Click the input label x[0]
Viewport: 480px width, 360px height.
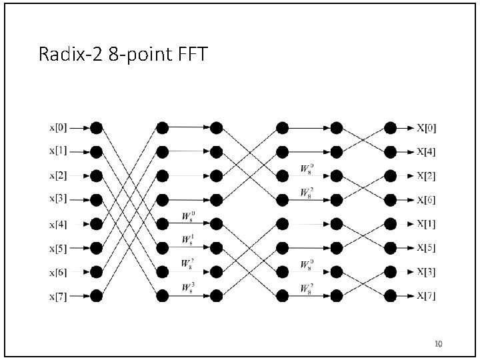[x=57, y=127]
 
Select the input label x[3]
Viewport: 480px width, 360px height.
[x=57, y=199]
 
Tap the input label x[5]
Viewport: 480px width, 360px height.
[x=57, y=248]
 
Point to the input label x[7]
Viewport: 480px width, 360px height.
[x=57, y=295]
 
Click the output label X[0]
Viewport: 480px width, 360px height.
[x=427, y=127]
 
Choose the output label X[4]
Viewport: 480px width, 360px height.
[x=427, y=152]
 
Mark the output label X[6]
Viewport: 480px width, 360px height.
[x=427, y=200]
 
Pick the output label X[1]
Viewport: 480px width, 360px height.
[x=427, y=223]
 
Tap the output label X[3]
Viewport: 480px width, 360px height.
[x=427, y=271]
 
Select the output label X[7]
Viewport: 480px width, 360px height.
[x=427, y=295]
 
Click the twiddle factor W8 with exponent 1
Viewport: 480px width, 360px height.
[x=187, y=240]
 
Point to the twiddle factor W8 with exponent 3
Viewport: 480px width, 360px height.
[x=187, y=288]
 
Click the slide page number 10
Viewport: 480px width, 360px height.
[x=438, y=344]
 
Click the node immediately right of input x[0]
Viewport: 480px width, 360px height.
[x=96, y=127]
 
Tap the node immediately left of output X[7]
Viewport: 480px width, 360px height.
[x=391, y=295]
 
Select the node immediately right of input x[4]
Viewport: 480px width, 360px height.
[x=96, y=223]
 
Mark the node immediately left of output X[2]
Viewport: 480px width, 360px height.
[x=391, y=176]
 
